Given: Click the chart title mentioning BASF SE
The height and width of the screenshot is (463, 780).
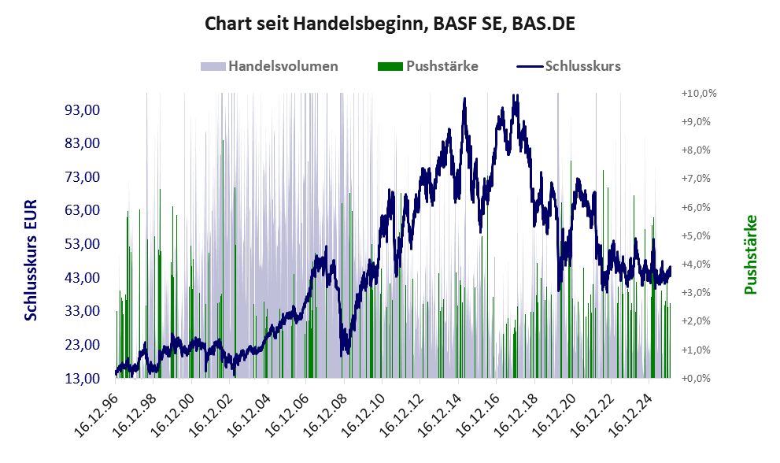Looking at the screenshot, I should coord(390,24).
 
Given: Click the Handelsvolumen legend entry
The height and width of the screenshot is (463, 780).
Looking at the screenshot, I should coord(283,66).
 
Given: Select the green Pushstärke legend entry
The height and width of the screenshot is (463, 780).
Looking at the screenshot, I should coord(442,66).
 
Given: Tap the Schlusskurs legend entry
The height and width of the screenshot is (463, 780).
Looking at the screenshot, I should coord(582,66).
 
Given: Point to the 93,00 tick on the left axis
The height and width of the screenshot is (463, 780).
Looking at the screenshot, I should coord(81,109).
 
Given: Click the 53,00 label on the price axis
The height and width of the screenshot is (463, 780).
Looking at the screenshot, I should coord(81,244).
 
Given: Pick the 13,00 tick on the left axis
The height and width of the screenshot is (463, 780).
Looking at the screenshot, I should coord(81,379).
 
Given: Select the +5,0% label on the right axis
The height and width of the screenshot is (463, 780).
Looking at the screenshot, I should coord(696,235).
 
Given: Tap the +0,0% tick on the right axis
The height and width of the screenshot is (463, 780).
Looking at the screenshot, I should coord(696,379).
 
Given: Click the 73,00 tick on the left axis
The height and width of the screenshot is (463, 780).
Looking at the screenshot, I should coord(81,177).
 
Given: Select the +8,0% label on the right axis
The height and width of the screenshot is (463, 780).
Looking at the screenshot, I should coord(696,150).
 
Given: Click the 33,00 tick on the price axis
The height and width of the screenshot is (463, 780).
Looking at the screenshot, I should coord(81,311).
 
